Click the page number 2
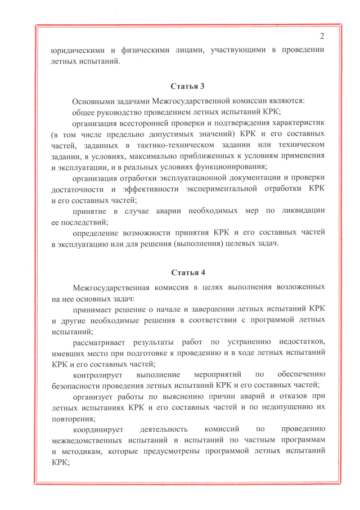click(322, 37)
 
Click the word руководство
click(119, 112)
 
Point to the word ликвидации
click(301, 211)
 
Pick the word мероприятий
click(217, 375)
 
